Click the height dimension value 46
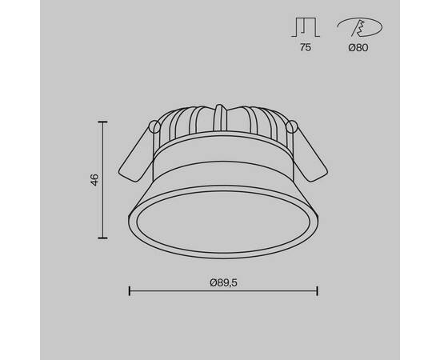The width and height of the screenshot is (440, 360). [94, 180]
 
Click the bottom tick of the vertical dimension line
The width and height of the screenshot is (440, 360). [102, 238]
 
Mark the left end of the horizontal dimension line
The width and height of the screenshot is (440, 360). [130, 290]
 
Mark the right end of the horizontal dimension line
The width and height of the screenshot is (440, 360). [318, 290]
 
